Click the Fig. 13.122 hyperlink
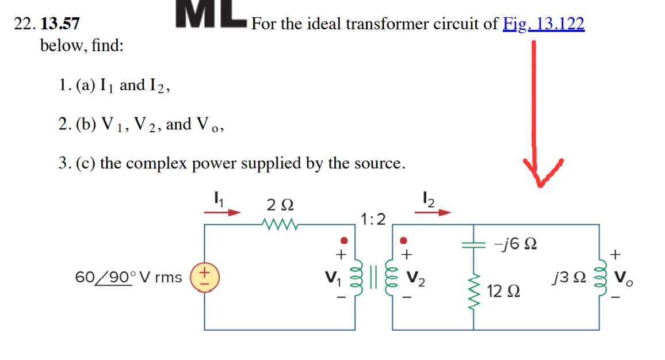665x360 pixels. [x=544, y=24]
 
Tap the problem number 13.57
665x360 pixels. [x=61, y=24]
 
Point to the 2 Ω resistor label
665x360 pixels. [x=280, y=204]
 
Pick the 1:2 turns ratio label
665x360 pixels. [x=373, y=219]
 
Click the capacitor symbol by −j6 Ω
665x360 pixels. [x=474, y=245]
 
